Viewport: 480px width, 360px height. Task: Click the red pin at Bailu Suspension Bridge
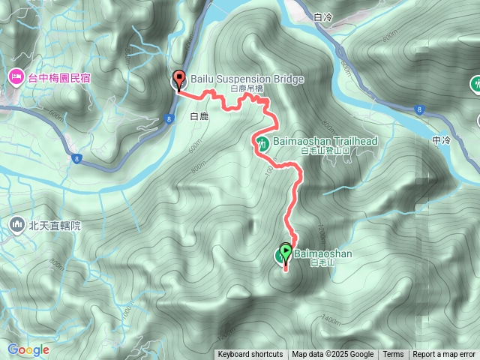(179, 78)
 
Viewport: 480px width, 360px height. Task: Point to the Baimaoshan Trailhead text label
(321, 140)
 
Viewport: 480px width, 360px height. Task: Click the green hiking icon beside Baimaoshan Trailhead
(263, 143)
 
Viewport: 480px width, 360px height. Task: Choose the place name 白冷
(324, 16)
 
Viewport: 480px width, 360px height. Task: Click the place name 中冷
(441, 140)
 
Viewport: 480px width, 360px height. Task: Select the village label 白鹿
(199, 116)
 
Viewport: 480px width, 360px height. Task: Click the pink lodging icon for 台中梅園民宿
(16, 76)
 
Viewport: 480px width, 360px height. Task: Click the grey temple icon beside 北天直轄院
(16, 223)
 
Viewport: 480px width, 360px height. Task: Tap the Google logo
(28, 349)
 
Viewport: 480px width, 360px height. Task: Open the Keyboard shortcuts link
(250, 355)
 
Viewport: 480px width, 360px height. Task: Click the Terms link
(393, 355)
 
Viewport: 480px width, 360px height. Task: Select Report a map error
(444, 355)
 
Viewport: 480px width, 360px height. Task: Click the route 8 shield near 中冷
(419, 109)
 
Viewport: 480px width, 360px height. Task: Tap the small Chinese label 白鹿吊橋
(247, 88)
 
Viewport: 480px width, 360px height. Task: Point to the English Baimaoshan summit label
(323, 253)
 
